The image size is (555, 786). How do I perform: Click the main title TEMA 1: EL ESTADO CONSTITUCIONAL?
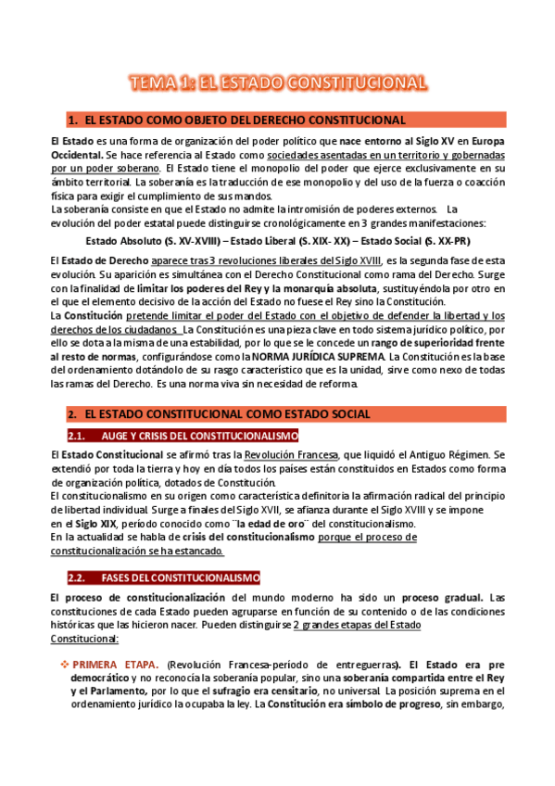277,82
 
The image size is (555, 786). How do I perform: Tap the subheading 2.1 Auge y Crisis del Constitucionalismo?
197,436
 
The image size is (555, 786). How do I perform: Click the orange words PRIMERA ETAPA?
118,665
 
